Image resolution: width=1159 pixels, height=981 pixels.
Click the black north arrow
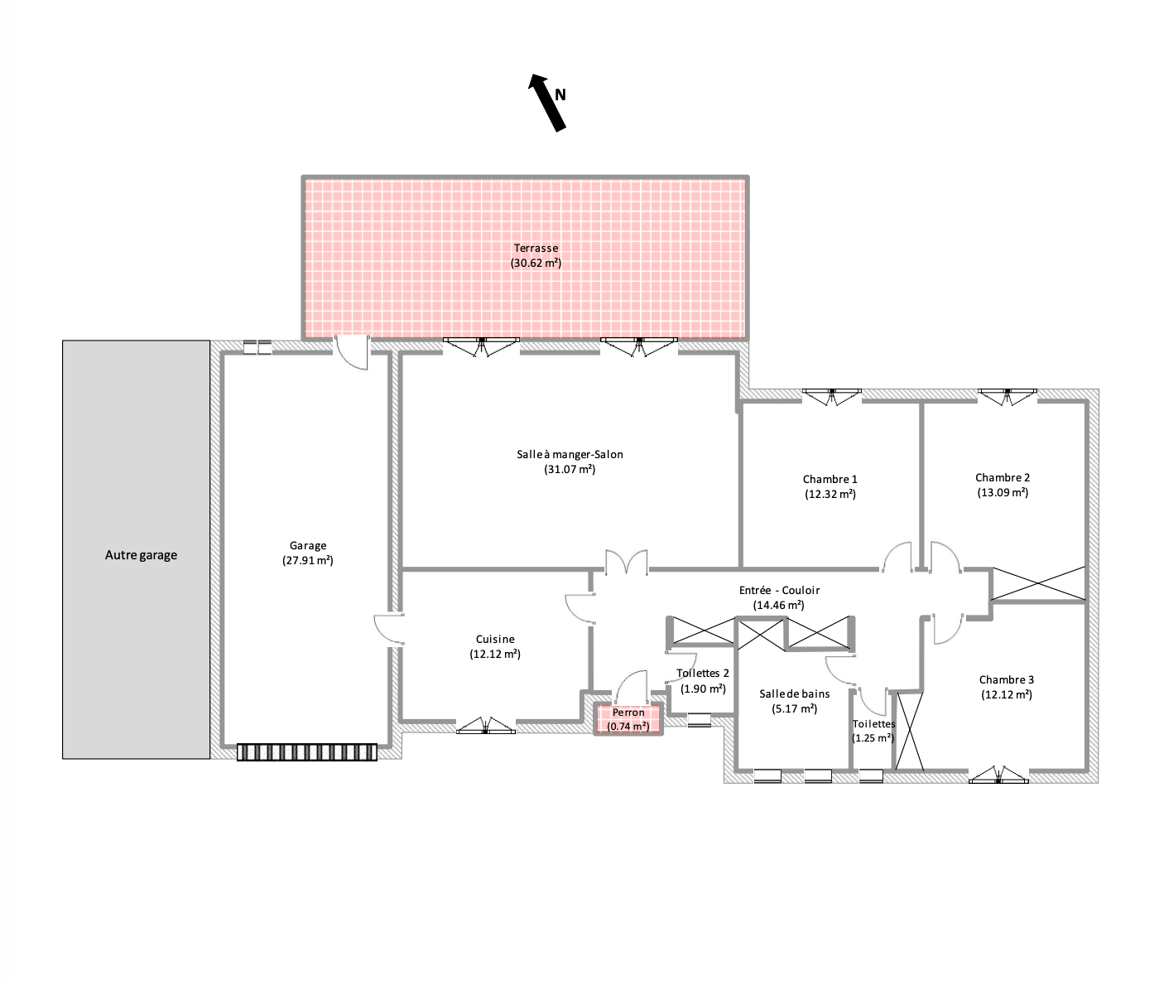tap(547, 104)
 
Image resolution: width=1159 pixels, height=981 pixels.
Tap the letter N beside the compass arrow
tap(560, 94)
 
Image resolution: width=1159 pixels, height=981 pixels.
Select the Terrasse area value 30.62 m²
tap(536, 263)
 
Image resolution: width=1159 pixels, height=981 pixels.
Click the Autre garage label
tap(142, 555)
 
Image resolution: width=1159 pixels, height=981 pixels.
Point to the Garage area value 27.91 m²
tap(308, 560)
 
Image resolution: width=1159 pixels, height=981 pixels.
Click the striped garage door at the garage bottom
tap(306, 752)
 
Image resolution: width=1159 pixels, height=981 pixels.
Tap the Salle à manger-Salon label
tap(570, 455)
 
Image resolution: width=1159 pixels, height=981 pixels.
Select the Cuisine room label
tap(495, 639)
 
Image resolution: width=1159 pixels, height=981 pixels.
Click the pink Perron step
tap(628, 719)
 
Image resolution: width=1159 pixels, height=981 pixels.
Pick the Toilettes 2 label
tap(703, 673)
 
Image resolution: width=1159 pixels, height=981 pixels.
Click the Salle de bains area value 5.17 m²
tap(795, 708)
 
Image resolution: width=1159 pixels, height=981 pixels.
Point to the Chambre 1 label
tap(830, 479)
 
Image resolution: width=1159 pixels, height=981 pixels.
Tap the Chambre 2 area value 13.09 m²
tap(1003, 492)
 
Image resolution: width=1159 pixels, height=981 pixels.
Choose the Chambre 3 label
tap(1007, 679)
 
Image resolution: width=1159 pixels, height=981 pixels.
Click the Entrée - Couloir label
tap(779, 591)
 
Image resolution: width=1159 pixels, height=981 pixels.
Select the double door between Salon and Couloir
tap(627, 561)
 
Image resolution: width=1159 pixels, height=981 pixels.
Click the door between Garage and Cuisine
tap(388, 629)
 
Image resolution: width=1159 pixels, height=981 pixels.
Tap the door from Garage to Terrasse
tap(352, 352)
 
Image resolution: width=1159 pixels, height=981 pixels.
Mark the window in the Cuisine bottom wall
tap(486, 725)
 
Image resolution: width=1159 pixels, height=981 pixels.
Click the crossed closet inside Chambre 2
tap(1038, 583)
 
